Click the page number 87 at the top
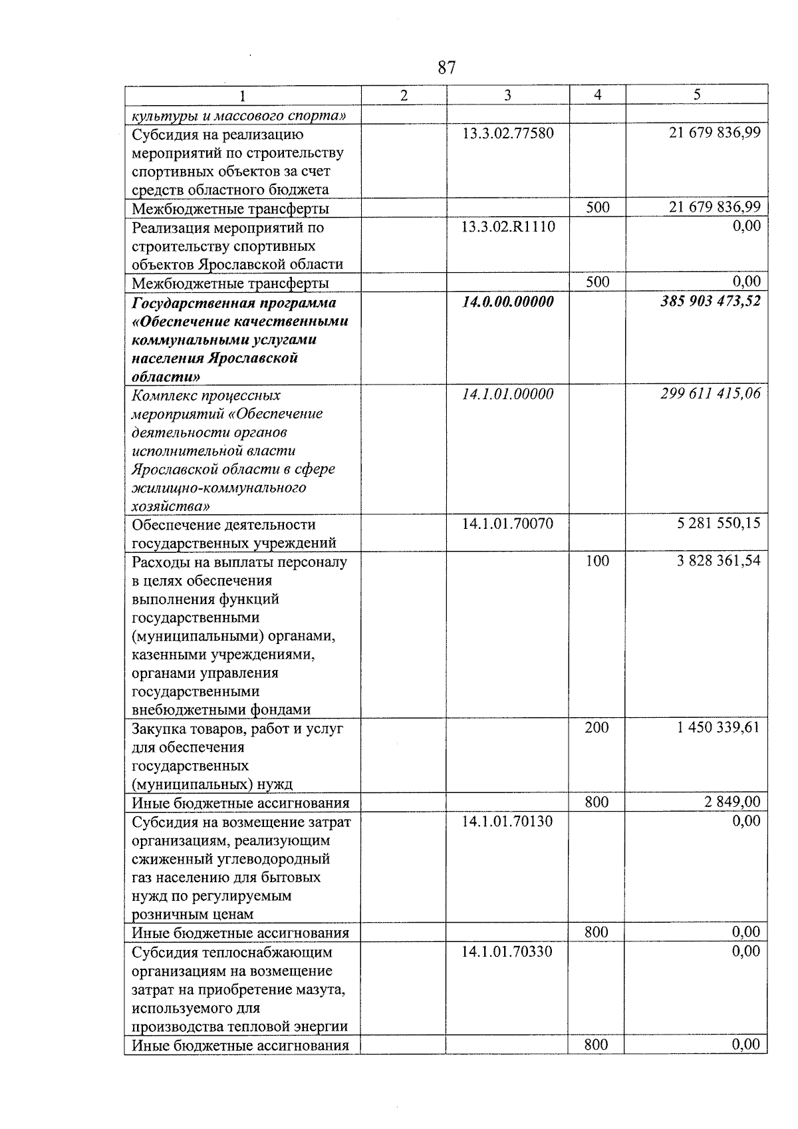(x=447, y=68)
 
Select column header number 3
(x=507, y=95)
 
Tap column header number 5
(x=696, y=95)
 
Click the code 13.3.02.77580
(x=507, y=134)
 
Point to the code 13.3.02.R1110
(x=508, y=228)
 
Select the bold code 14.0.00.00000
(x=508, y=303)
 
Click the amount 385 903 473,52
(x=710, y=301)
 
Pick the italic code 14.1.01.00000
(x=508, y=395)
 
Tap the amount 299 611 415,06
(x=710, y=394)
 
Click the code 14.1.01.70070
(x=507, y=524)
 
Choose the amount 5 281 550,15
(x=719, y=524)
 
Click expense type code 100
(x=597, y=562)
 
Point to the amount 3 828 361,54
(x=719, y=561)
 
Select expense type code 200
(x=597, y=728)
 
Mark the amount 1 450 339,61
(x=719, y=728)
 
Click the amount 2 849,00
(x=732, y=802)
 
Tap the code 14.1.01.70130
(x=507, y=822)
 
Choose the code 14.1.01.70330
(x=507, y=952)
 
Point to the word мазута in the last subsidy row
(x=321, y=990)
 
